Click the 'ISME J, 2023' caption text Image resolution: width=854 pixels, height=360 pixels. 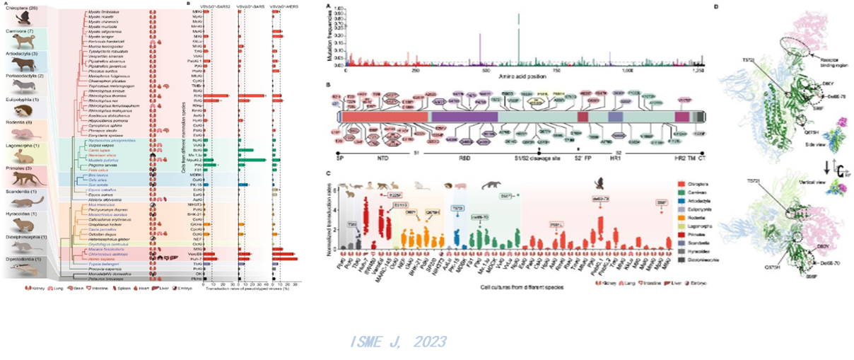click(x=399, y=342)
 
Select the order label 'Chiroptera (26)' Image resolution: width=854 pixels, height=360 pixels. click(x=23, y=6)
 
